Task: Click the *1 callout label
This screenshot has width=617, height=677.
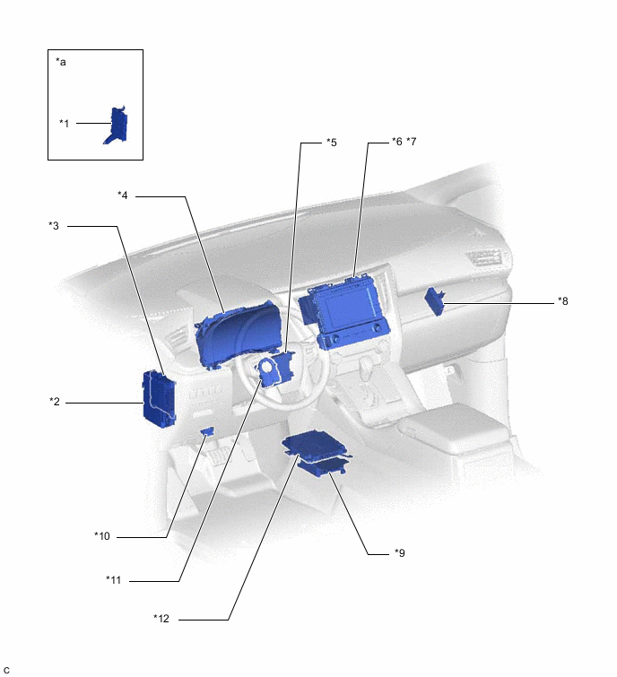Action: (x=65, y=123)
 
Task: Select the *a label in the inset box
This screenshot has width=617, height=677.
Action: (x=61, y=62)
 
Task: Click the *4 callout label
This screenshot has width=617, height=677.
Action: (x=123, y=195)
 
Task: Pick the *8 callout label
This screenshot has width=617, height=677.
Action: (x=562, y=301)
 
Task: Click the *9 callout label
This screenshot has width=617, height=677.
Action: (x=400, y=553)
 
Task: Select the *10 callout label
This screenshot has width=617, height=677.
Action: (x=102, y=536)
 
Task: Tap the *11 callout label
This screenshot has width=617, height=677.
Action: (x=113, y=579)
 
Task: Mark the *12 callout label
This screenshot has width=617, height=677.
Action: (x=161, y=618)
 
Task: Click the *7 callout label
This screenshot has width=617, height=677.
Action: (x=412, y=143)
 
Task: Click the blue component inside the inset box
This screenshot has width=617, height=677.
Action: (x=116, y=126)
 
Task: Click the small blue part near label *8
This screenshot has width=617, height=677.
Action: (x=436, y=300)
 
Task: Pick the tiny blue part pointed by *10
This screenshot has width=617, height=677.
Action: (x=207, y=432)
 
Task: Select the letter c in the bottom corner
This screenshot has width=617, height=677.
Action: (x=6, y=670)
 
